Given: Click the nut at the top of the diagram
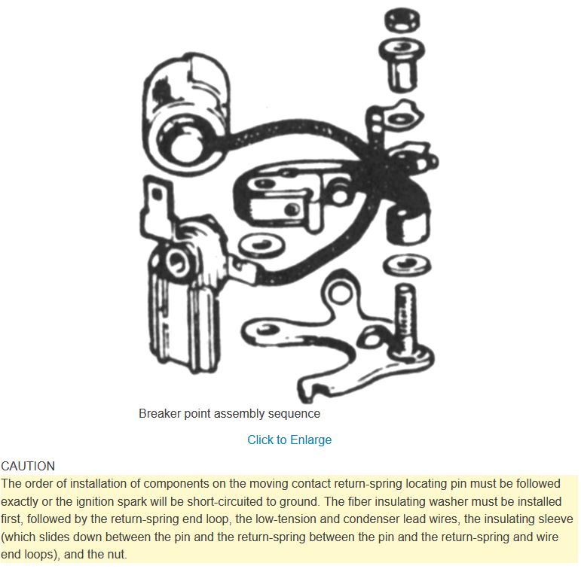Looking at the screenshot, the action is click(x=402, y=20).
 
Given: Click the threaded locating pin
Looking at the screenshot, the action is click(x=405, y=318).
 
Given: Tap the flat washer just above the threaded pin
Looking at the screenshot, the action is click(x=406, y=265).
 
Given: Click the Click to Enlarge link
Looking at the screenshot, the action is click(x=289, y=440).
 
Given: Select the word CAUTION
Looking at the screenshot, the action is click(x=28, y=466).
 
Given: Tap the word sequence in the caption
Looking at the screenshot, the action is click(x=294, y=413).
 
